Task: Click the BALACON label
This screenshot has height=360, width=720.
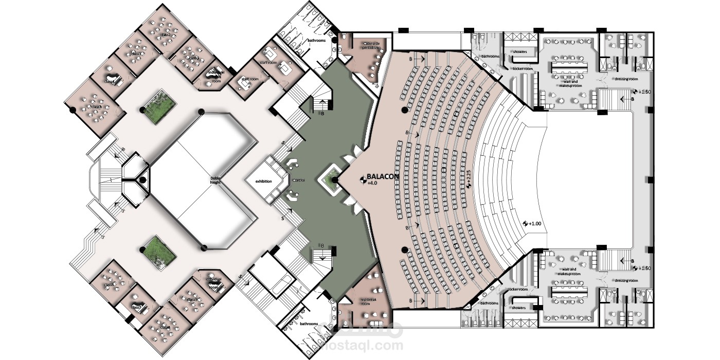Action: [383, 176]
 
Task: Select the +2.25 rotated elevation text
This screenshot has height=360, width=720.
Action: [469, 178]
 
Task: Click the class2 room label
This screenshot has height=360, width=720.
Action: [166, 34]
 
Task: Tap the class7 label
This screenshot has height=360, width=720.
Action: [136, 307]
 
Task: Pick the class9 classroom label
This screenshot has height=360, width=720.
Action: [192, 299]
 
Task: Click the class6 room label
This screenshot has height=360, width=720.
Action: [109, 284]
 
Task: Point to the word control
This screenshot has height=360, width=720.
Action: [299, 181]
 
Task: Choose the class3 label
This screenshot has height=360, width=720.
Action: [136, 53]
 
